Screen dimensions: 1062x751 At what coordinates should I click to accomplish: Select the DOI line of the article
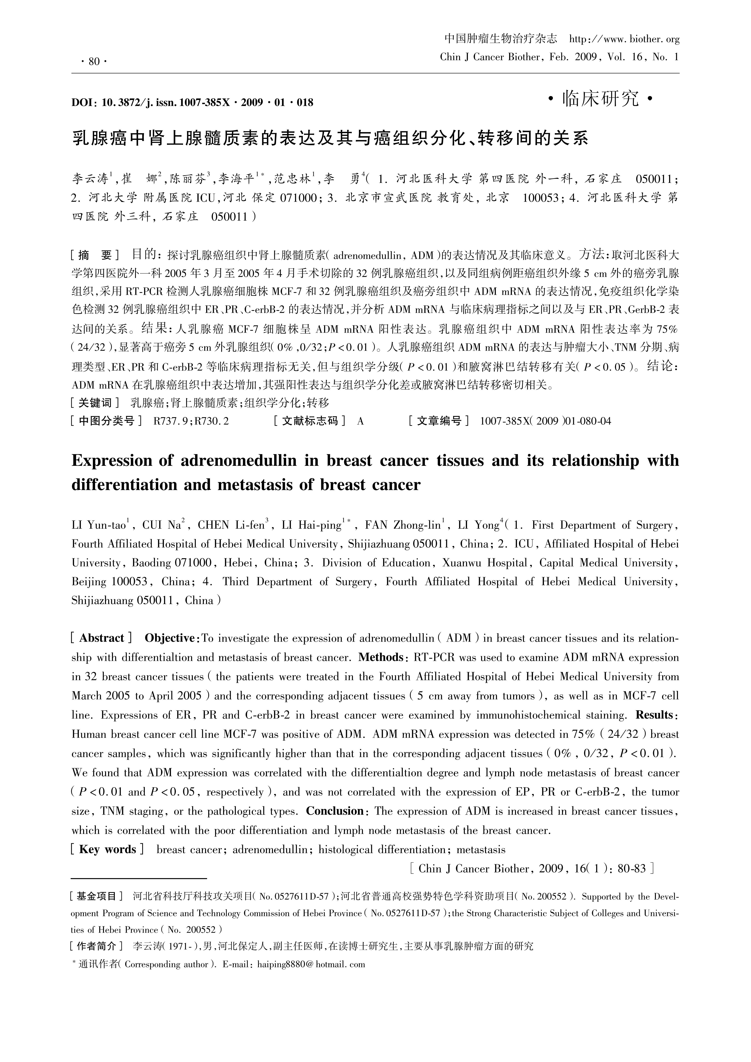tap(192, 102)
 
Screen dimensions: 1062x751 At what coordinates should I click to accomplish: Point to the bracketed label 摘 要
tap(95, 255)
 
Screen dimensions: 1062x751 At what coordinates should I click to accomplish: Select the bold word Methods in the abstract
tap(381, 657)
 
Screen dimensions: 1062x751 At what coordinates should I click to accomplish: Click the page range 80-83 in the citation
tap(631, 869)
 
